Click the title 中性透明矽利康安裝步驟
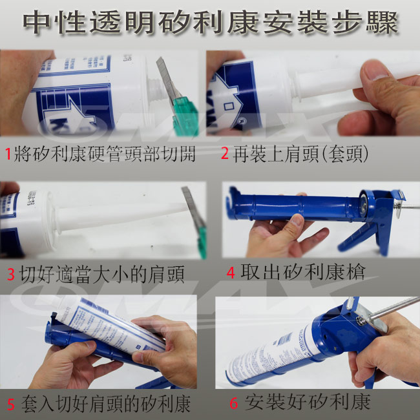tap(211, 23)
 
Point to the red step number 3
tap(11, 274)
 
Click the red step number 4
tap(231, 273)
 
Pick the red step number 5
tap(11, 404)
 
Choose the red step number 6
tap(234, 403)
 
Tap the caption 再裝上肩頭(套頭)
tap(300, 154)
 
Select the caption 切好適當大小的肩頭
tap(102, 274)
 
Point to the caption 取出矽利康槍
tap(303, 272)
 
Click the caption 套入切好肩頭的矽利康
tap(106, 404)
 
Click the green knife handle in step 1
tap(185, 116)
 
